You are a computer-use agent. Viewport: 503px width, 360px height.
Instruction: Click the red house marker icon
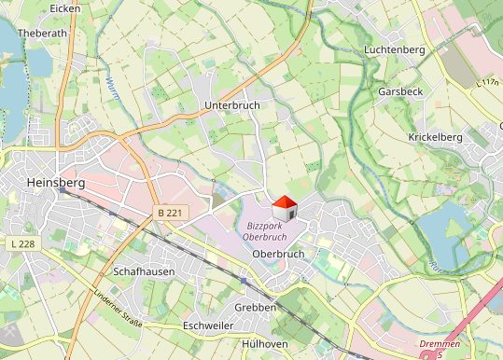point(285,207)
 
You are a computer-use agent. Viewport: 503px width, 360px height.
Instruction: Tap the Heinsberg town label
point(58,183)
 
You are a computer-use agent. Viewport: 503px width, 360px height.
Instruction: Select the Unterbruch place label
point(231,106)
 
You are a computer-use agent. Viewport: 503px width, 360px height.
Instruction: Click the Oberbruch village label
point(279,253)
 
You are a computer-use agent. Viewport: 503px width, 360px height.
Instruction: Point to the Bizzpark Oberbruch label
point(270,231)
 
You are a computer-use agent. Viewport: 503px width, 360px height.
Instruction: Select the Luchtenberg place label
point(395,48)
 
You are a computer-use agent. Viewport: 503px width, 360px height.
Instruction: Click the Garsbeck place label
point(400,92)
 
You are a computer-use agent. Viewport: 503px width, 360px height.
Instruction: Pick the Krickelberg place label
point(435,137)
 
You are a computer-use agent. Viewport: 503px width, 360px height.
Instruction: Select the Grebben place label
point(256,307)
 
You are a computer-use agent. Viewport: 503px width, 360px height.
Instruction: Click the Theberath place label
point(43,32)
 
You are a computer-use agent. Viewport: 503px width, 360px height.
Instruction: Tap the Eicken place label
point(65,8)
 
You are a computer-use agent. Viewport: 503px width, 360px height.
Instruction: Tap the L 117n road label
point(487,83)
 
